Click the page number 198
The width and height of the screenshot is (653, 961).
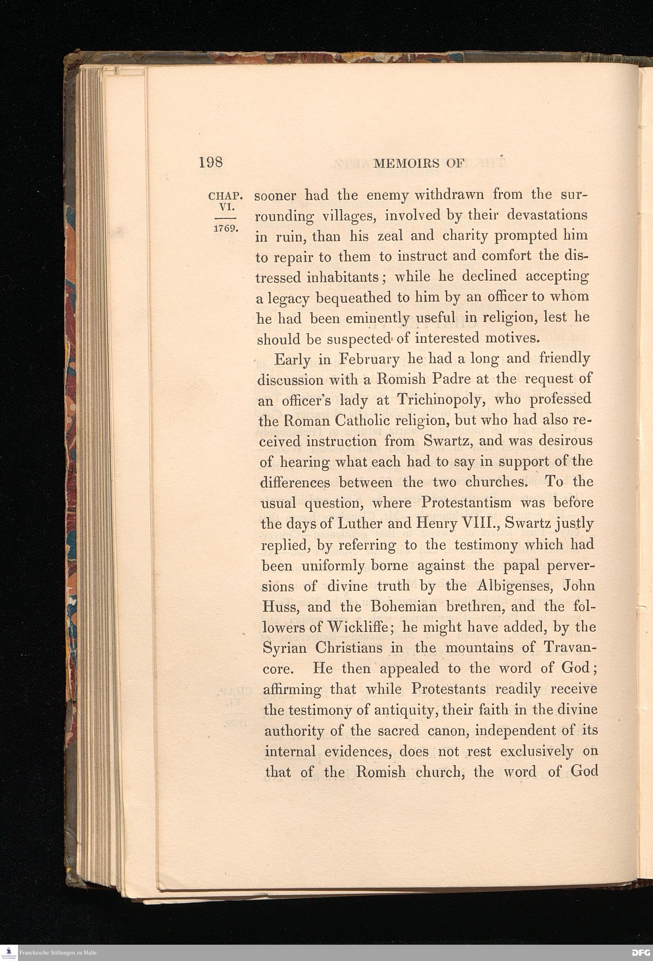click(x=211, y=162)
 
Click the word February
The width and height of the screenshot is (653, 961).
click(x=369, y=359)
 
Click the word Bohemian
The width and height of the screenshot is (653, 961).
click(x=411, y=607)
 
